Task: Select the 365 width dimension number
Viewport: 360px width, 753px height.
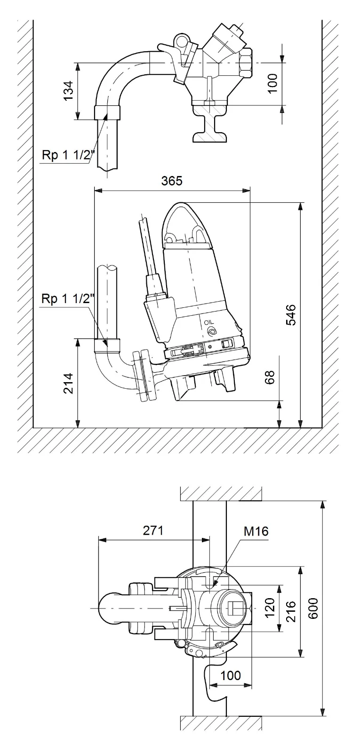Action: click(172, 181)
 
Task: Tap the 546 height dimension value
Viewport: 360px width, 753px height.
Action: click(291, 315)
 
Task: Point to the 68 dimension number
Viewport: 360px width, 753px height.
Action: click(270, 377)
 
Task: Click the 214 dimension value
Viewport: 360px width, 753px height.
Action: click(69, 383)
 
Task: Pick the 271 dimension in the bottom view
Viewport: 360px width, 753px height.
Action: click(153, 530)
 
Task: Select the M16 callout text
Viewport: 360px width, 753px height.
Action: click(256, 531)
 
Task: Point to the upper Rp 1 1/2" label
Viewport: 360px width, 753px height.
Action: click(69, 155)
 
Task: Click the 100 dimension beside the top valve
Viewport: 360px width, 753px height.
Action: click(272, 83)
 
